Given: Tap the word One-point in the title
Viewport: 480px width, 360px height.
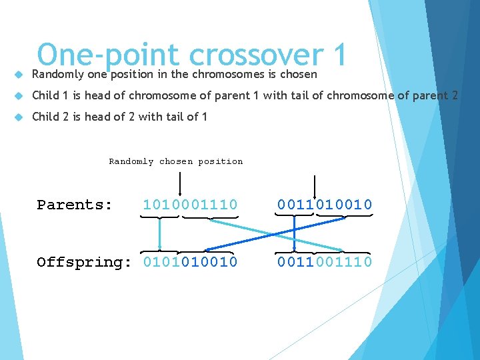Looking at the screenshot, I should (x=107, y=55).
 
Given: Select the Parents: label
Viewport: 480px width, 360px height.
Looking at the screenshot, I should (x=75, y=205).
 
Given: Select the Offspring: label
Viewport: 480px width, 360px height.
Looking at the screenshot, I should (x=84, y=262).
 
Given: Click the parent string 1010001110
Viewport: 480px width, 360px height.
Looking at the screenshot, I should (x=190, y=205).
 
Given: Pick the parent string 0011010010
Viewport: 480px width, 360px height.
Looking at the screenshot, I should (x=325, y=205).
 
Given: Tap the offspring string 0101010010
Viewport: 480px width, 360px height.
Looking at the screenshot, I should (x=190, y=262).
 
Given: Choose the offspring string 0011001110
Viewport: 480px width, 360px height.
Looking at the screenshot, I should (x=325, y=262).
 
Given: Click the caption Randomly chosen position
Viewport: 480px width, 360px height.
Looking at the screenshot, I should (x=176, y=161).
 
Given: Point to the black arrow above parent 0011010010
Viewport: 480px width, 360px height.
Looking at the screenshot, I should (x=315, y=183).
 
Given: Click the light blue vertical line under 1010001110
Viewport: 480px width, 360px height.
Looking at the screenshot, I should (x=159, y=233).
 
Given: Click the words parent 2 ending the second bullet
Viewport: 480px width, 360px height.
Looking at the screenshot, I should (x=437, y=95).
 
